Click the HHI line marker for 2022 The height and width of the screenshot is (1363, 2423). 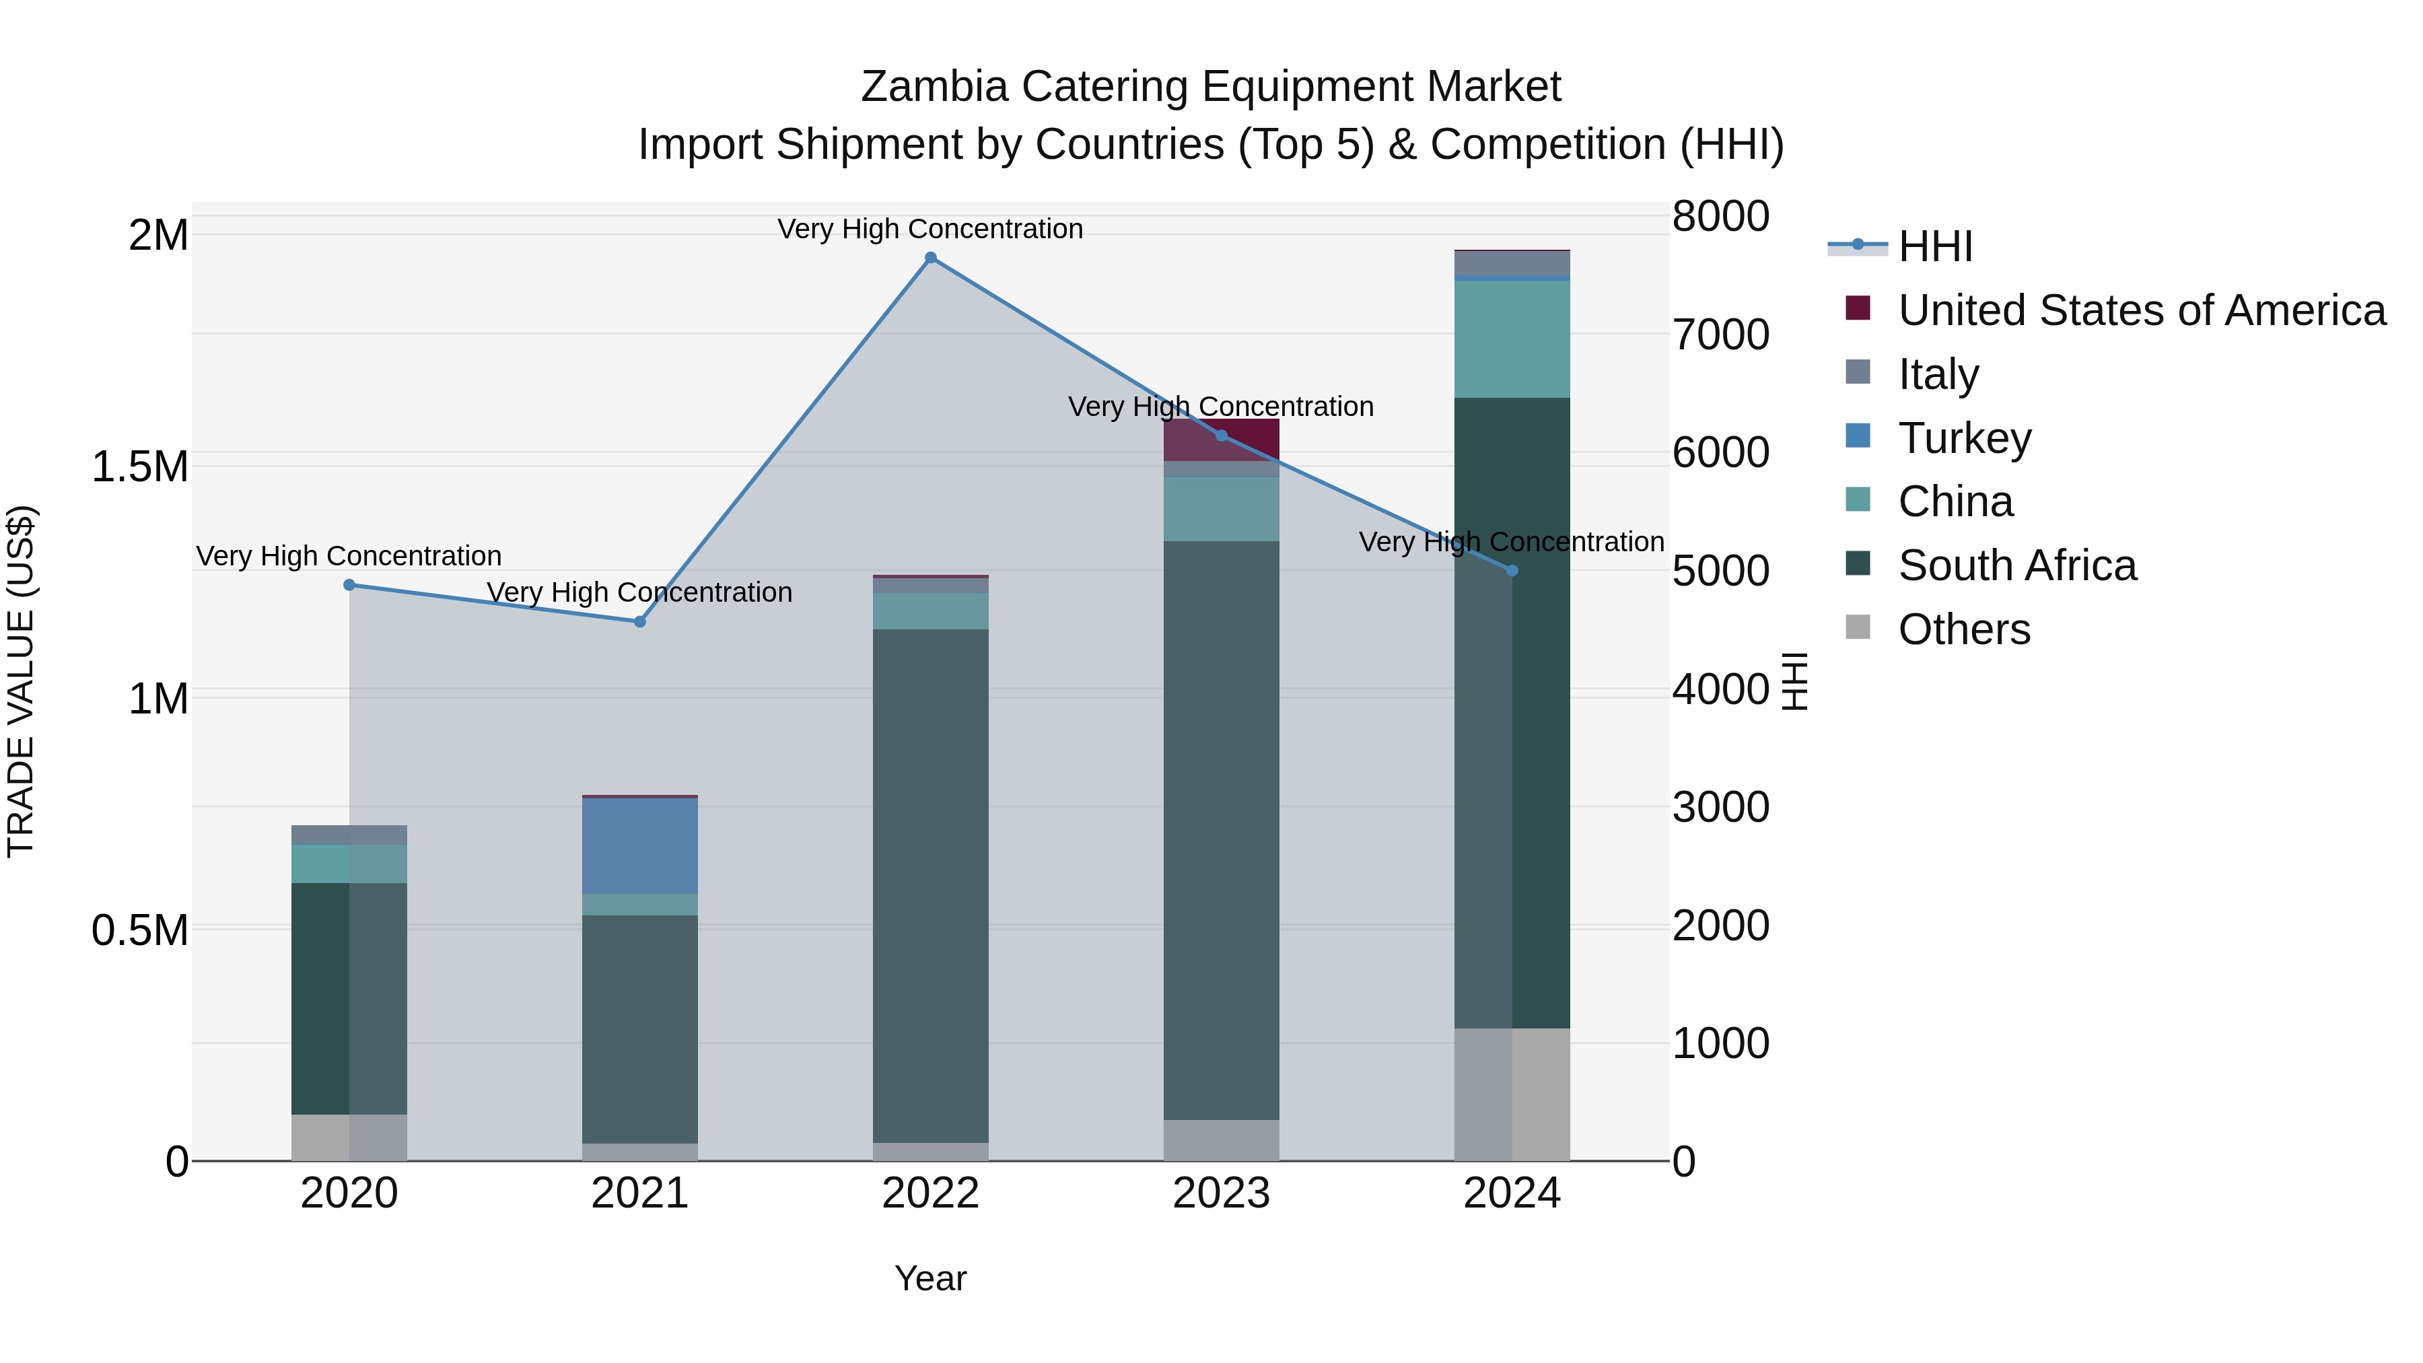point(930,258)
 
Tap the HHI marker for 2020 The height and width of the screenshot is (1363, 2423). point(349,585)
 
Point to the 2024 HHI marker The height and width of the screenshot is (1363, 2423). point(1512,571)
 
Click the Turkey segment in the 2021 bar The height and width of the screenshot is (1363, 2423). point(639,845)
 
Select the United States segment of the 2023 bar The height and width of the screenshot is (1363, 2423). point(1221,440)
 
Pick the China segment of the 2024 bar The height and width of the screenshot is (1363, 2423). point(1512,339)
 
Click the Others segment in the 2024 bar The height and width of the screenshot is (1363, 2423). point(1512,1094)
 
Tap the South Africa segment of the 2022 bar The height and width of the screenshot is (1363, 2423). point(930,885)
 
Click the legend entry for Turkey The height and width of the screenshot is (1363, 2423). point(1964,438)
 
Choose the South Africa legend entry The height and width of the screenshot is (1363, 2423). point(2016,566)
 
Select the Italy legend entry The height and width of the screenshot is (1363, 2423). point(1938,374)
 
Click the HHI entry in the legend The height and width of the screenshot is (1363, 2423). point(1935,246)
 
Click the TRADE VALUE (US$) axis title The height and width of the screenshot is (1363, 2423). point(21,681)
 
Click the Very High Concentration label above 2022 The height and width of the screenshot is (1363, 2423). point(930,230)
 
